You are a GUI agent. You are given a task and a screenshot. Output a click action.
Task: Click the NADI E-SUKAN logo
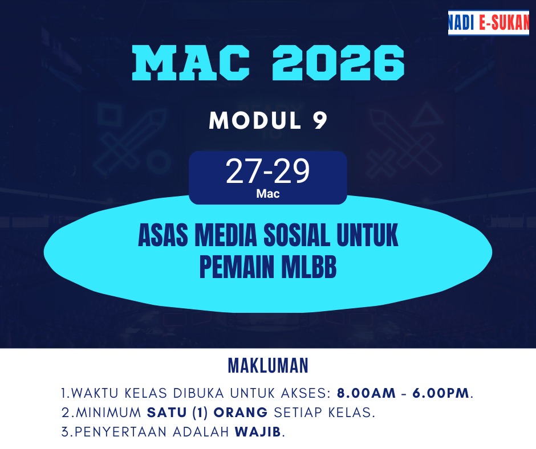(x=489, y=23)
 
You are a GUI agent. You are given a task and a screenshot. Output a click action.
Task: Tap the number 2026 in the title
(x=338, y=63)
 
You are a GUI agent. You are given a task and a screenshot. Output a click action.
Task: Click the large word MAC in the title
(x=191, y=63)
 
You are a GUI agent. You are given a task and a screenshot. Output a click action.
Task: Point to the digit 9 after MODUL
(x=320, y=121)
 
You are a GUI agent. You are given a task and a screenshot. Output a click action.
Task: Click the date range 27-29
(x=267, y=171)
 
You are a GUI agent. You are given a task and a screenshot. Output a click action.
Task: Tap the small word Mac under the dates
(x=268, y=194)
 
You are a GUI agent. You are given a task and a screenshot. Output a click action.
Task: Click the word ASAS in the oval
(x=163, y=235)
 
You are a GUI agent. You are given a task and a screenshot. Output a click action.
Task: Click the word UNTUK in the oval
(x=367, y=235)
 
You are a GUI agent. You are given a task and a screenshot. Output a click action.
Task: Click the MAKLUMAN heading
(x=268, y=366)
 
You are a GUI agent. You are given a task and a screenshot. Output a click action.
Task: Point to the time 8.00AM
(x=366, y=393)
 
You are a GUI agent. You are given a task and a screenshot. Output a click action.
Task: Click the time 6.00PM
(x=441, y=393)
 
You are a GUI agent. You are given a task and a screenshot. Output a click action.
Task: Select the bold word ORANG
(x=241, y=413)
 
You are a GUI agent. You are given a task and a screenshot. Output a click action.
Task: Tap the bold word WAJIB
(x=258, y=432)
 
